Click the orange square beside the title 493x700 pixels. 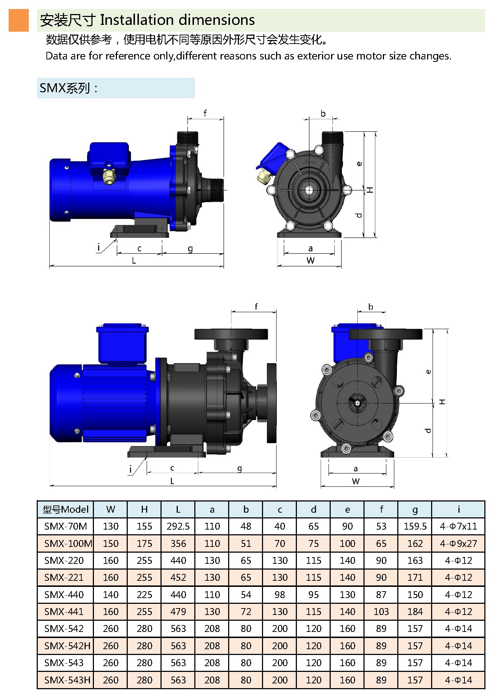point(19,20)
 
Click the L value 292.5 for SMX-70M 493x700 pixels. point(178,526)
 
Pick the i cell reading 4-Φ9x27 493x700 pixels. point(458,543)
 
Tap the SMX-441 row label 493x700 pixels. point(64,611)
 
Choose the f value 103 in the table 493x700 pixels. point(381,611)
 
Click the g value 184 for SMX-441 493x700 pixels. point(415,611)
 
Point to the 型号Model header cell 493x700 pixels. point(65,509)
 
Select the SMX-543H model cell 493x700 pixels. point(67,680)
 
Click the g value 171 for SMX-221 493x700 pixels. point(415,578)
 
